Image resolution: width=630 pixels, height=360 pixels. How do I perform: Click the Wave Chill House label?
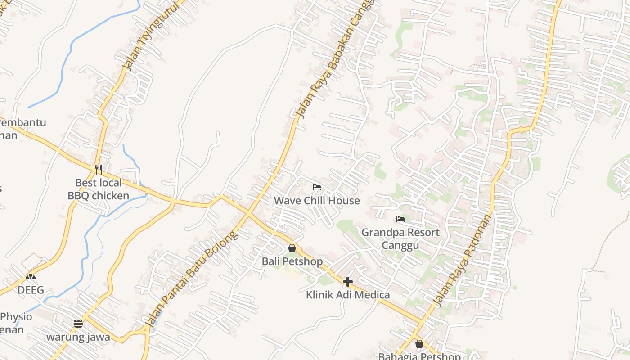tap(317, 200)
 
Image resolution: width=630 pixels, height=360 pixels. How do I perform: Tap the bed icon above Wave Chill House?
tap(317, 187)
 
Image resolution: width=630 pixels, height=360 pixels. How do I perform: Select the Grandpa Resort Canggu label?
tap(400, 238)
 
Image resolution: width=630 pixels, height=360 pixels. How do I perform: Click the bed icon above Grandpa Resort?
tap(400, 219)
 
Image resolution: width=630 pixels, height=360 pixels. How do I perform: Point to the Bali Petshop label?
tap(292, 261)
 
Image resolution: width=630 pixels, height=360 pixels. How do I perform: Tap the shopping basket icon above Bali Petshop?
tap(292, 248)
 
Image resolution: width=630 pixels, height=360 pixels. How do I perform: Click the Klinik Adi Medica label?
tap(348, 295)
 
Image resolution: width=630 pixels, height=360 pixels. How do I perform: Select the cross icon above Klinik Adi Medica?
tap(348, 282)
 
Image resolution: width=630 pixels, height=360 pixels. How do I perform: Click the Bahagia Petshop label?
tap(419, 356)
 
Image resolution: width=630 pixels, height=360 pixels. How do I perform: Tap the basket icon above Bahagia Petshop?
tap(419, 344)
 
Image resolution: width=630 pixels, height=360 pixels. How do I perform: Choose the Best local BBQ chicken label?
tap(99, 189)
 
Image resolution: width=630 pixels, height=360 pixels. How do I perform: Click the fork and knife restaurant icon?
tap(99, 170)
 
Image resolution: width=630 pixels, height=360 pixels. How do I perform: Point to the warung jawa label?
tap(78, 337)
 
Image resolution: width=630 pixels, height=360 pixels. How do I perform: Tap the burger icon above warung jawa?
tap(78, 324)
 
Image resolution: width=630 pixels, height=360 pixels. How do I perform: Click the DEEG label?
tap(31, 290)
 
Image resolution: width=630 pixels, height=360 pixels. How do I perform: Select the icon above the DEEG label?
tap(31, 277)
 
